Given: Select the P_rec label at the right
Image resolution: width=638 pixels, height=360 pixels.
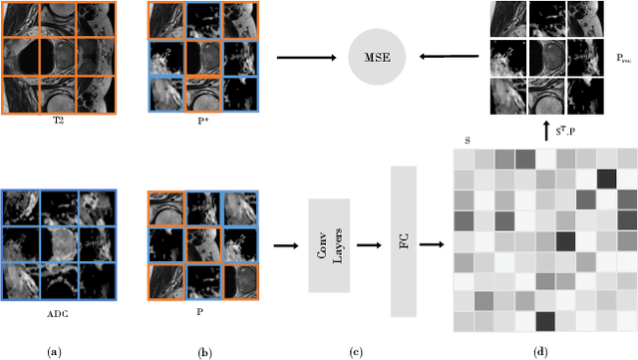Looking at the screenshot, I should tap(624, 59).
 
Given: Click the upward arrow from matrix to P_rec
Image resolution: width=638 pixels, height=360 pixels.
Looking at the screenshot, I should tap(546, 130).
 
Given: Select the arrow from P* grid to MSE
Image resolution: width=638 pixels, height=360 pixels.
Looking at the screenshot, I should tap(304, 57).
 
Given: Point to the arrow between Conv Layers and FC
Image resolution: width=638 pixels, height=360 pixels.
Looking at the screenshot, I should tap(370, 245).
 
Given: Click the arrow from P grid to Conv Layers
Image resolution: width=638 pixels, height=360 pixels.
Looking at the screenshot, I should tap(284, 245).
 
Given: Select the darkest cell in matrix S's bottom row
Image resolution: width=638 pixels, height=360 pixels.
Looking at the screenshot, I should tap(545, 321).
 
